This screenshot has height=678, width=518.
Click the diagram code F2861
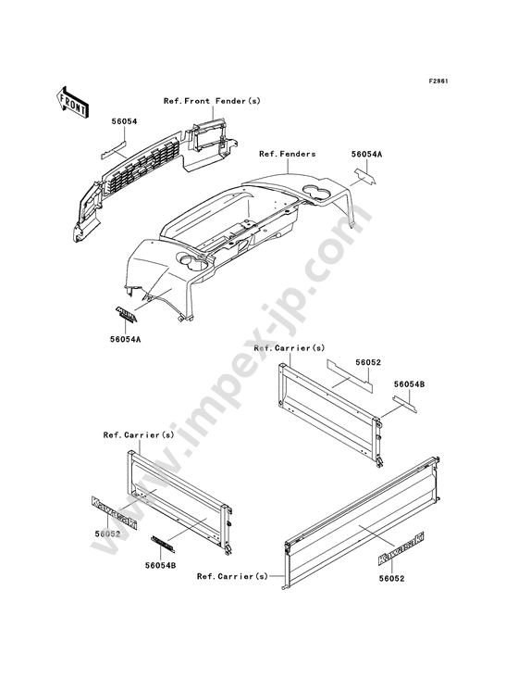(x=438, y=81)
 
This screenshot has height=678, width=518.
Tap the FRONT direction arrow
(x=72, y=103)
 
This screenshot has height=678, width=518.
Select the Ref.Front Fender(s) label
(x=212, y=101)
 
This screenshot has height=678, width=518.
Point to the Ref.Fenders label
(x=287, y=154)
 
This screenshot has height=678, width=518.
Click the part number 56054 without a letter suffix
(x=124, y=122)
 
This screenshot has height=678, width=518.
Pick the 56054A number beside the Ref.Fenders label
(x=366, y=154)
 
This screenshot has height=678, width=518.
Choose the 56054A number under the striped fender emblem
(x=125, y=339)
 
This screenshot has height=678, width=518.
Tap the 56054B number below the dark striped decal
(x=161, y=565)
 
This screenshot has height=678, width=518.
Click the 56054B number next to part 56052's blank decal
(x=409, y=384)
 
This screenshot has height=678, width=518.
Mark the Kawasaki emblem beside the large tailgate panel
(x=401, y=548)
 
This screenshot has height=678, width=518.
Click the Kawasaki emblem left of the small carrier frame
(x=115, y=513)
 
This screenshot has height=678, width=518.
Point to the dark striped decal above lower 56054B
(x=163, y=544)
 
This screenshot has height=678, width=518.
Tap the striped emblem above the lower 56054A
(x=126, y=315)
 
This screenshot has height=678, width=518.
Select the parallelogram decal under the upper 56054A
(x=365, y=176)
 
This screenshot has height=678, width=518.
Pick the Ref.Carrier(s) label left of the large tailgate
(x=232, y=576)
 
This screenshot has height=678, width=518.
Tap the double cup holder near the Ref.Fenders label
(x=320, y=192)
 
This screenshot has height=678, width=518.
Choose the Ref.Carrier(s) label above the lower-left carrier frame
(x=139, y=435)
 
